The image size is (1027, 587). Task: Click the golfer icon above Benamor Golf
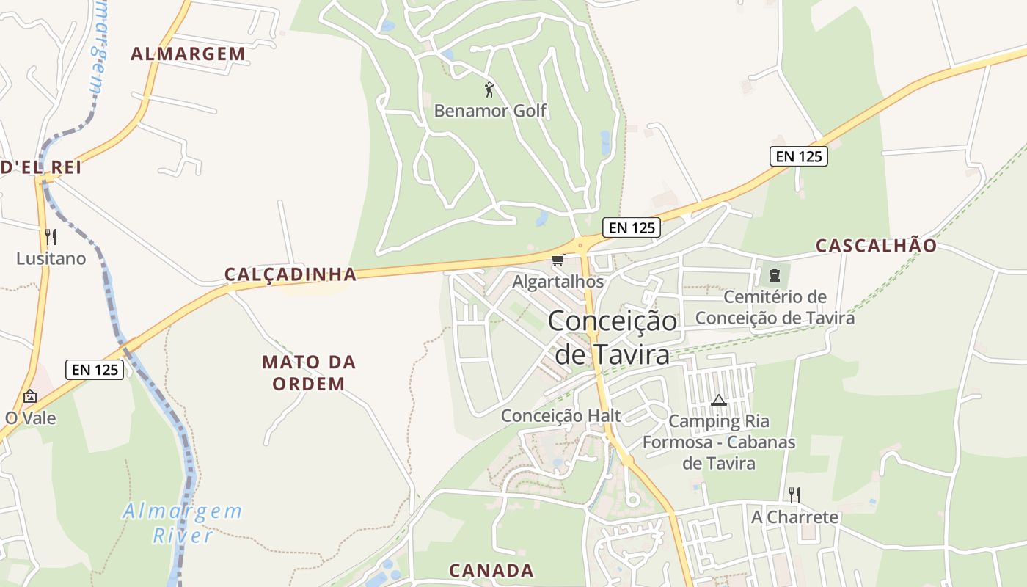point(489,90)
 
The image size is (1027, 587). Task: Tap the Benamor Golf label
point(490,111)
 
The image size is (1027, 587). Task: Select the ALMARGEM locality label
point(188,54)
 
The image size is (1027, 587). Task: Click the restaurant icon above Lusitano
point(51,236)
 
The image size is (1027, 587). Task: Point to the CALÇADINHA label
point(290,274)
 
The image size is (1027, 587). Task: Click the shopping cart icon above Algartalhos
point(558,260)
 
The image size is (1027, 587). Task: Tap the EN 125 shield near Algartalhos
point(632,227)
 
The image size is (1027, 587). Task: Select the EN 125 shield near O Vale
point(95,370)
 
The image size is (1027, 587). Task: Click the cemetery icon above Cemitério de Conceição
point(774,275)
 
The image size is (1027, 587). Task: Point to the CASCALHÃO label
point(876,246)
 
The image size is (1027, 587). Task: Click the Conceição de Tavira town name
point(612,338)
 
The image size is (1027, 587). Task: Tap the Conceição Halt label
point(560,415)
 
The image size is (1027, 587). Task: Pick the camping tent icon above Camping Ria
point(718,400)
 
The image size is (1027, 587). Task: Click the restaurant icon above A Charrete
point(794,495)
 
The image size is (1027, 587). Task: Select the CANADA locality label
point(491,570)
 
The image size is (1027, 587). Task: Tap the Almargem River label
point(183,522)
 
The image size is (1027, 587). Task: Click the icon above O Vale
point(30,396)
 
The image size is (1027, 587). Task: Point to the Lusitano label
point(51,258)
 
